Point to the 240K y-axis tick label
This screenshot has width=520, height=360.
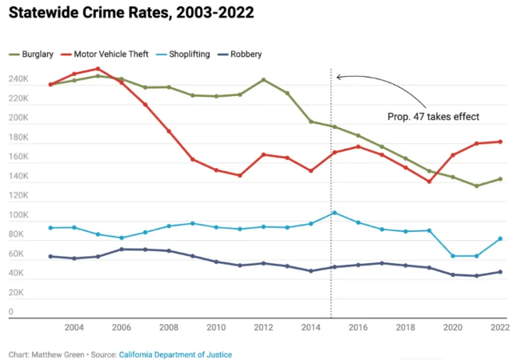click(x=18, y=80)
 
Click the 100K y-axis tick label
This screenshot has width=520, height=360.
click(x=18, y=216)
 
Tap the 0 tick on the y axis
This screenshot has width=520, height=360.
click(x=10, y=313)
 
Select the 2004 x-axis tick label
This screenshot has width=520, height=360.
click(x=74, y=327)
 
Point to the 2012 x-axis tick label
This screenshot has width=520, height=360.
click(x=264, y=327)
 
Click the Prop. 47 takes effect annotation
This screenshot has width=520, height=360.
click(x=433, y=117)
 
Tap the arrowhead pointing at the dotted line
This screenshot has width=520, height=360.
click(x=339, y=77)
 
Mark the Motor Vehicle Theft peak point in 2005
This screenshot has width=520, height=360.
click(x=98, y=69)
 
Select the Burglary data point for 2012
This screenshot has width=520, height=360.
click(x=263, y=80)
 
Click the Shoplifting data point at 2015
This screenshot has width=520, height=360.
click(x=334, y=213)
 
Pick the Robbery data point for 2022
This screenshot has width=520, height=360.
click(x=500, y=272)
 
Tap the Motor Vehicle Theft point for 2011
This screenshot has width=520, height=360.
click(x=240, y=175)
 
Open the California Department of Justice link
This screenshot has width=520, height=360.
click(x=175, y=354)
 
